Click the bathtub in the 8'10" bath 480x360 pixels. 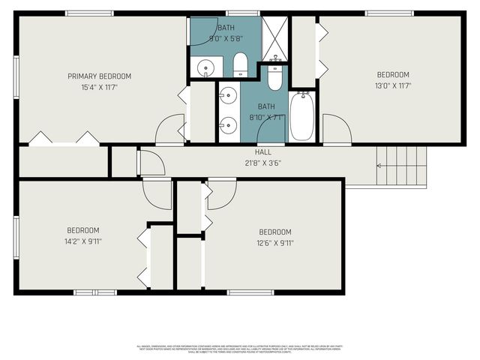pyautogui.click(x=301, y=116)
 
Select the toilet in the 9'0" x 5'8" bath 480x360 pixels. pyautogui.click(x=241, y=65)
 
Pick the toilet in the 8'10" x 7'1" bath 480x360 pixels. pyautogui.click(x=275, y=77)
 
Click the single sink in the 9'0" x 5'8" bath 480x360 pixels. pyautogui.click(x=205, y=67)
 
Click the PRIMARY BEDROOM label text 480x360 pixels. pyautogui.click(x=99, y=76)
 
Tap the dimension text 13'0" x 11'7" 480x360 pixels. pyautogui.click(x=393, y=87)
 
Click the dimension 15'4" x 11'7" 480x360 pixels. pyautogui.click(x=100, y=88)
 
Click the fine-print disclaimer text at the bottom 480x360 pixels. pyautogui.click(x=240, y=349)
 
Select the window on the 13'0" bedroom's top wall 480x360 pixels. pyautogui.click(x=389, y=13)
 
